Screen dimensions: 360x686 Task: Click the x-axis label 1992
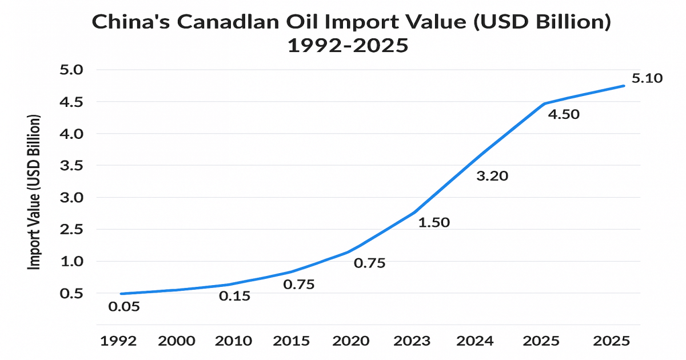click(x=119, y=341)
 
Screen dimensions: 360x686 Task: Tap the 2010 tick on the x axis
click(x=233, y=341)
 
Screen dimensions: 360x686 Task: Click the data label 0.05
click(x=124, y=307)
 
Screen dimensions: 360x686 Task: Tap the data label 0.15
click(x=236, y=297)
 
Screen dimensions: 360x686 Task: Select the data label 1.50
click(x=434, y=222)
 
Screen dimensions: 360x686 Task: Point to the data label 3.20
click(x=492, y=176)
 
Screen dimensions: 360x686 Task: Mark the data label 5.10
click(x=647, y=78)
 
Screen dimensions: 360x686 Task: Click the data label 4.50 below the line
click(x=564, y=114)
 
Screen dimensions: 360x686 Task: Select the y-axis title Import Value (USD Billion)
click(x=35, y=193)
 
